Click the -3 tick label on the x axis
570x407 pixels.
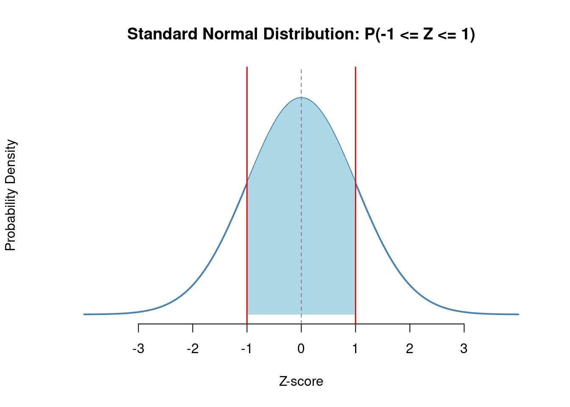(x=138, y=349)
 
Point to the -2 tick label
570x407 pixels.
(x=193, y=349)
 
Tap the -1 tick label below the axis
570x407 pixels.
(x=246, y=349)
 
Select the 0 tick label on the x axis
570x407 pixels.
(x=301, y=349)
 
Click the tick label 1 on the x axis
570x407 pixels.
(x=355, y=349)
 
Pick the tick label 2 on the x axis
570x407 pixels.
(x=410, y=349)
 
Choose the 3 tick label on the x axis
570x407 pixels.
(x=464, y=349)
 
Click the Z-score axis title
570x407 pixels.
(x=301, y=382)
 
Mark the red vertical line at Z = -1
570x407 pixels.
(x=247, y=127)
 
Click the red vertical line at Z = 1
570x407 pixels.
(x=355, y=127)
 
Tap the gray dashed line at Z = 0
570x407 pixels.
(x=301, y=212)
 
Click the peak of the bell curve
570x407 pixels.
(x=301, y=98)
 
